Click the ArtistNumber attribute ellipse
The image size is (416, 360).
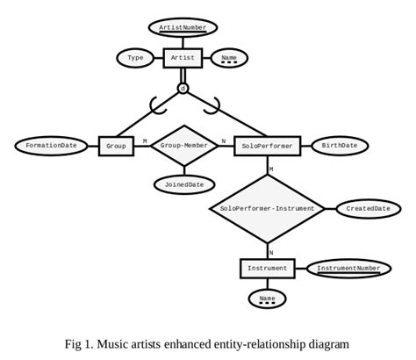pyautogui.click(x=183, y=27)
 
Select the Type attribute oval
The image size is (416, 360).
pyautogui.click(x=135, y=58)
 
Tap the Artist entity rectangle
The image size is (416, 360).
pyautogui.click(x=183, y=58)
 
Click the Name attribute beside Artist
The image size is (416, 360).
pyautogui.click(x=229, y=58)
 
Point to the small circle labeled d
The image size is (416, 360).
pyautogui.click(x=183, y=89)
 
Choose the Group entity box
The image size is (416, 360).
pyautogui.click(x=116, y=146)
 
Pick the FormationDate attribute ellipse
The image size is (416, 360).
pyautogui.click(x=51, y=146)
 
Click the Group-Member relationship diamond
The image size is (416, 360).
pyautogui.click(x=184, y=146)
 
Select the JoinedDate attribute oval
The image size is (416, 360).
pyautogui.click(x=184, y=184)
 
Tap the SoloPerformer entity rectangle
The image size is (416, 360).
pyautogui.click(x=268, y=146)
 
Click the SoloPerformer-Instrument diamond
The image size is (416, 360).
pyautogui.click(x=268, y=208)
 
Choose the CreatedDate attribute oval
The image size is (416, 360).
pyautogui.click(x=368, y=208)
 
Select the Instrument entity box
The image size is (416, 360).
pyautogui.click(x=267, y=268)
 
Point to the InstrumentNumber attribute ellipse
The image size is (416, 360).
pyautogui.click(x=348, y=268)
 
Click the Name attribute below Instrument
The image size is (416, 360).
pyautogui.click(x=267, y=300)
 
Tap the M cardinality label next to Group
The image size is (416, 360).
pyautogui.click(x=145, y=140)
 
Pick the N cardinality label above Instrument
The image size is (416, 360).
pyautogui.click(x=271, y=252)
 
